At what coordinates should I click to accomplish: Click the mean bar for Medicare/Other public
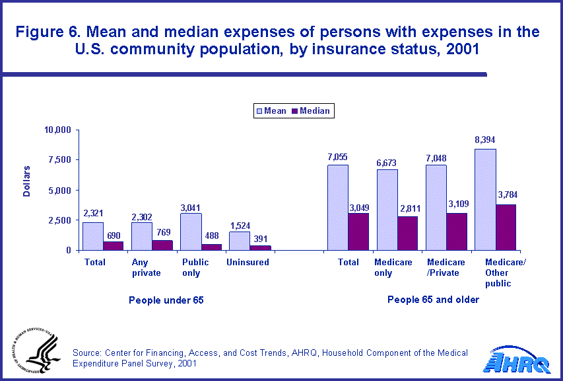485,200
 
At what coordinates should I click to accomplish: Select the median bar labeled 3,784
506,228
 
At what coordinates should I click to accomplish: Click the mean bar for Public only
191,232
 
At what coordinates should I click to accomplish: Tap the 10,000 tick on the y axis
57,130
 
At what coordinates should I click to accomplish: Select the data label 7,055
337,157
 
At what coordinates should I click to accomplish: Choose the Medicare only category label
393,267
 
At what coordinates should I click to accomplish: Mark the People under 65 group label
166,300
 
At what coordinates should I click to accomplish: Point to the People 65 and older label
433,300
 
